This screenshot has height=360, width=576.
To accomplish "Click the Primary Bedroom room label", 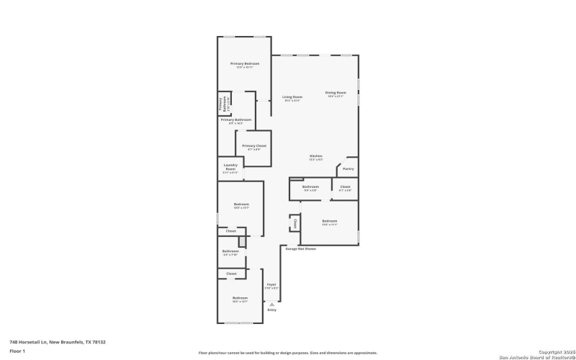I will tap(245, 64).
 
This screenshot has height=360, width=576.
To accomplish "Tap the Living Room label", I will tap(292, 97).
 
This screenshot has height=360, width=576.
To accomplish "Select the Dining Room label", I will tap(336, 92).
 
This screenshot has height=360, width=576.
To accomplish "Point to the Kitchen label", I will tap(315, 156).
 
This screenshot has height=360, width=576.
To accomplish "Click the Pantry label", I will tap(348, 168).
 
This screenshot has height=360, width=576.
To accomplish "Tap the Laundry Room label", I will tap(230, 166).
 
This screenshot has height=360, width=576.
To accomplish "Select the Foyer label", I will tap(271, 284).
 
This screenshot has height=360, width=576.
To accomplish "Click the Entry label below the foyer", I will tap(271, 310).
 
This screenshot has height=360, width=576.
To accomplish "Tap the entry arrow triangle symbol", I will tap(271, 304).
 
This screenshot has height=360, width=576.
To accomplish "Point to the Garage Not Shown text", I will tap(301, 248).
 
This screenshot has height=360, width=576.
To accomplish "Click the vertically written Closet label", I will tap(294, 223).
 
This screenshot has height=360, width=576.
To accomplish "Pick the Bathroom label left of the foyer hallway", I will tap(230, 251).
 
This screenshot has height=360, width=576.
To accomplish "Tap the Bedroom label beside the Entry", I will tap(240, 298).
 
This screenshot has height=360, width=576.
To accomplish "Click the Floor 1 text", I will tap(17, 351).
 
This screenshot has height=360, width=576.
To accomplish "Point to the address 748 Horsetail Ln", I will tap(48, 342).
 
